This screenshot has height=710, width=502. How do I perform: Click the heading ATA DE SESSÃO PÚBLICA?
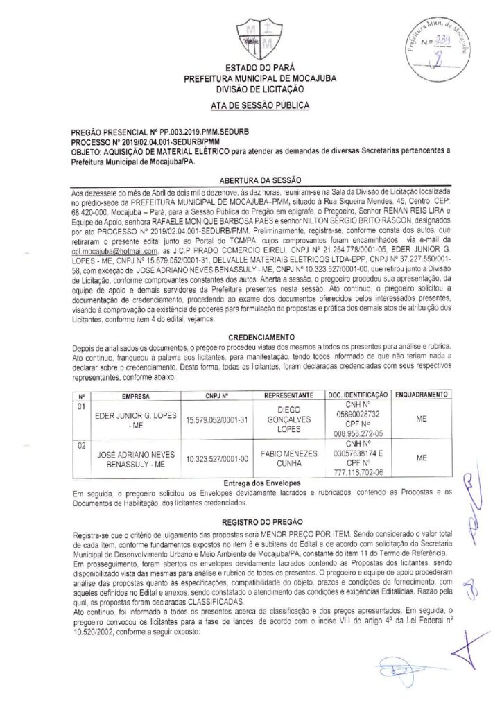[x=250, y=105]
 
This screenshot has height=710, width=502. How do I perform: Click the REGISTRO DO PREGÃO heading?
[x=251, y=518]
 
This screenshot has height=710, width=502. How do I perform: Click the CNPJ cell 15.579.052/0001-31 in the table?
[x=217, y=419]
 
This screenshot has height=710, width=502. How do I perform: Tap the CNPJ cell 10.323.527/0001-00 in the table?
[x=217, y=458]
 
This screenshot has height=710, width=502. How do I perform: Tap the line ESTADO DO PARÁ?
[x=250, y=69]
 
